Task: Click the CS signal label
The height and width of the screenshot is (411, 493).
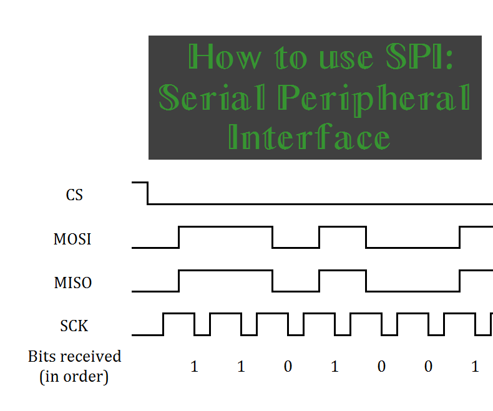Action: tap(74, 195)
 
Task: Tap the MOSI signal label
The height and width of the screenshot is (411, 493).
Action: tap(72, 239)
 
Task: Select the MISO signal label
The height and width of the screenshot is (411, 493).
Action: tap(72, 283)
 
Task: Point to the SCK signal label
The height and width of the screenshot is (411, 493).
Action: tap(74, 326)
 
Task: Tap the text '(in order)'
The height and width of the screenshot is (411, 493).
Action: tap(74, 377)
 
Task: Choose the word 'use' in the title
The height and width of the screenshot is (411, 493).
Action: tap(338, 59)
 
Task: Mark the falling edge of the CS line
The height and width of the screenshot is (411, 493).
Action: tap(148, 193)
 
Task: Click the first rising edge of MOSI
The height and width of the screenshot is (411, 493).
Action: tap(179, 237)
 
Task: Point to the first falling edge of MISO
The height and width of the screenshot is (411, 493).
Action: tap(273, 281)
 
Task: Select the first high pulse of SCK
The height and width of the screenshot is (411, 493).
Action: tap(178, 314)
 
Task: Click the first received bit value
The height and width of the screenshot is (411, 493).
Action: tap(194, 367)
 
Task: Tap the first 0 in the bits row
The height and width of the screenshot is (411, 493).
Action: tap(288, 367)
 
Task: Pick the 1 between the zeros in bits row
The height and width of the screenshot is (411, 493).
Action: tap(334, 367)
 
